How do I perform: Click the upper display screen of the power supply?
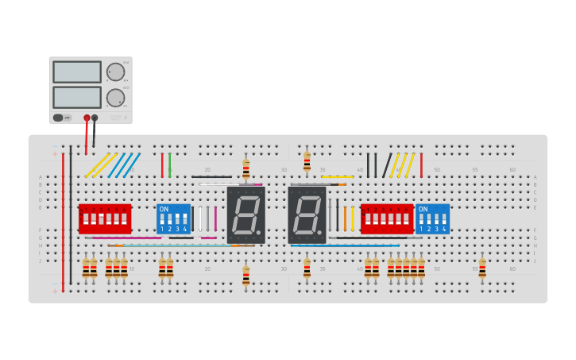click(77, 72)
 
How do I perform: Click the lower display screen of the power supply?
click(77, 97)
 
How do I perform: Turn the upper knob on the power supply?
click(116, 72)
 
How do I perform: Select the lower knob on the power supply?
click(116, 98)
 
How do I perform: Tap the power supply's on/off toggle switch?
click(58, 118)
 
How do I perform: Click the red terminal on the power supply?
click(87, 118)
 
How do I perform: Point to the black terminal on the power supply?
click(95, 118)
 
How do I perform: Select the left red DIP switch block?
click(104, 218)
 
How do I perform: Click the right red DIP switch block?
click(386, 218)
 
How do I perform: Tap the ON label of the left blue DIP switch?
click(164, 209)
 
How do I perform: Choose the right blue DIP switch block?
click(432, 218)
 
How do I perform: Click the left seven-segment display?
click(245, 215)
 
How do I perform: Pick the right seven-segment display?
click(307, 215)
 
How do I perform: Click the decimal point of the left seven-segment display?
click(258, 233)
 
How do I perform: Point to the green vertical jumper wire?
click(169, 165)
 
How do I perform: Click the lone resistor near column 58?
click(482, 268)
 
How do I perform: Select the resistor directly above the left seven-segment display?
click(246, 168)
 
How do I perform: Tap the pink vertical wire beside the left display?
click(215, 218)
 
